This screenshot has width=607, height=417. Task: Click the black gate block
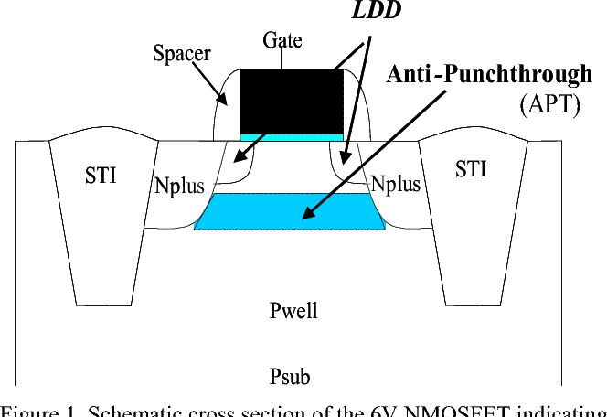click(292, 101)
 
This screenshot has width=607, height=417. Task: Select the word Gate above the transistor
click(282, 40)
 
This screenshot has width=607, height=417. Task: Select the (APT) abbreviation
click(549, 104)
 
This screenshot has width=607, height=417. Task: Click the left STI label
click(101, 175)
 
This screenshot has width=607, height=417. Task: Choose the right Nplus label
click(395, 184)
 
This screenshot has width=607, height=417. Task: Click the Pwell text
click(293, 311)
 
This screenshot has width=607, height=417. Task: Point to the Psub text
click(292, 376)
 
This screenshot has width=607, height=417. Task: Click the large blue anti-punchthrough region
click(274, 212)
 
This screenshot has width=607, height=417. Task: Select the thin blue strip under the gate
click(292, 136)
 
